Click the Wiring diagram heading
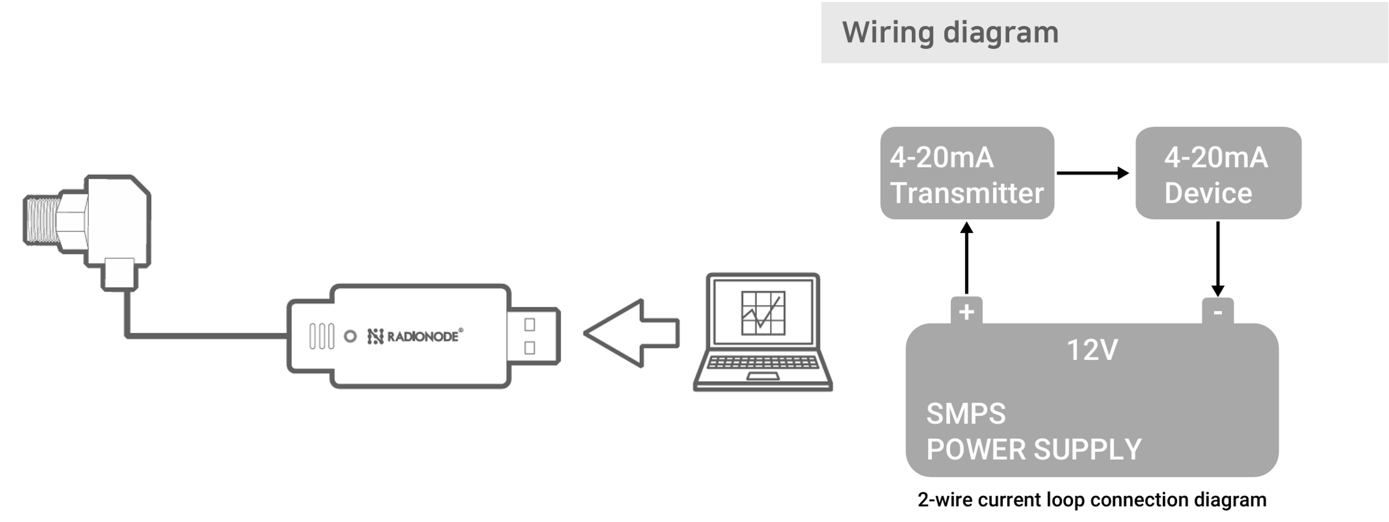coord(950,32)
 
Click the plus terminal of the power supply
coord(966,311)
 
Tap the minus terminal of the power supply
coord(1218,312)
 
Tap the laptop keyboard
coord(762,362)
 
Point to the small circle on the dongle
coord(350,336)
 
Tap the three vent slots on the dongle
coord(321,336)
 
